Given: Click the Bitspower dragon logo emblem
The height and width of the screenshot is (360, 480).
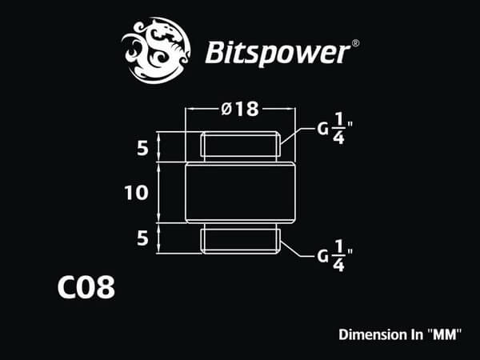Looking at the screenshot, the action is (156, 50).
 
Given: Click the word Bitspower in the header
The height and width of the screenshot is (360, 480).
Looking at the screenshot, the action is (278, 54).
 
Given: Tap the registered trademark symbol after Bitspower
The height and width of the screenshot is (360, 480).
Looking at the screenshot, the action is (355, 43).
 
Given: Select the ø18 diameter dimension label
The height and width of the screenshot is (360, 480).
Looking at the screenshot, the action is (240, 110).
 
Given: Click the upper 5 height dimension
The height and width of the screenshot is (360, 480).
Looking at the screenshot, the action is (142, 149).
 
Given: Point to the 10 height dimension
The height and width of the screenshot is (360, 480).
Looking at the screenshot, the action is (136, 193).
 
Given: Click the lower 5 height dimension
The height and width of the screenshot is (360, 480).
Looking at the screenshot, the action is (142, 238).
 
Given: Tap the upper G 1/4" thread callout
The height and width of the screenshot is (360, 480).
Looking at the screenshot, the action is (334, 128).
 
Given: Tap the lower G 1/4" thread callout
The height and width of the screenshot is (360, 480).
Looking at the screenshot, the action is (334, 256).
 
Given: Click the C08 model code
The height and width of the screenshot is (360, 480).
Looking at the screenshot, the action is (86, 287).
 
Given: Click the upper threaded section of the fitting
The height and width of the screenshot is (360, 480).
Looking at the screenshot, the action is (240, 146).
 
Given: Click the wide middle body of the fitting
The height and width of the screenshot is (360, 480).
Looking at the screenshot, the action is (240, 193).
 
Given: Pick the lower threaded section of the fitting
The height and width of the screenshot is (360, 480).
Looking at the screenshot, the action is (240, 239).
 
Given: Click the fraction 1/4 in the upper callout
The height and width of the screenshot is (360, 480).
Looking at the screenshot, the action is (338, 128).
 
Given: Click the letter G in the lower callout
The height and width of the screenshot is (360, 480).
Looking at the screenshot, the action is (322, 256).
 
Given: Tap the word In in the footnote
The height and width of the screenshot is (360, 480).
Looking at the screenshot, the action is (416, 334).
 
